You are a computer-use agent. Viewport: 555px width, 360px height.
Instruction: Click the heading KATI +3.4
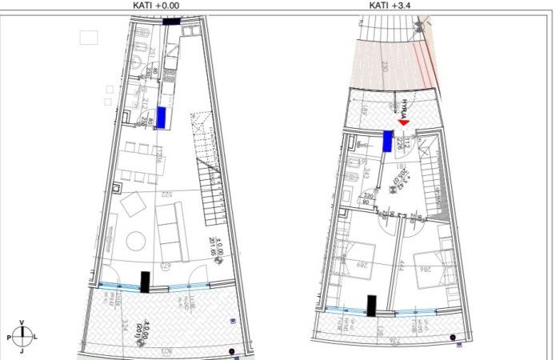pos(395,5)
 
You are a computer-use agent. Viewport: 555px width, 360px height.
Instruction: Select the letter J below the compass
pos(22,351)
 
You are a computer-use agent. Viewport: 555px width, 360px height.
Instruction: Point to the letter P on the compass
pos(9,338)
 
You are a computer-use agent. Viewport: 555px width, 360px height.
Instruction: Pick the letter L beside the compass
pos(35,338)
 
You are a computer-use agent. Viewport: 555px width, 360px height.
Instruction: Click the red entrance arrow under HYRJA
pos(404,121)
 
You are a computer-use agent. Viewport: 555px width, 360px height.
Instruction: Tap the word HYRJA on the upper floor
pos(405,108)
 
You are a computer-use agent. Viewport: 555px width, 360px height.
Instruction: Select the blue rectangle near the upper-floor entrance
pos(387,142)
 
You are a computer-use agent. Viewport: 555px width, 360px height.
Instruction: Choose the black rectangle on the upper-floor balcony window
pos(372,305)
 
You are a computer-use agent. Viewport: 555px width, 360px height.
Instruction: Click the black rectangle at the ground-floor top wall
pos(170,22)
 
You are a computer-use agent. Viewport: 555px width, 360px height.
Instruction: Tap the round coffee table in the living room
pos(135,240)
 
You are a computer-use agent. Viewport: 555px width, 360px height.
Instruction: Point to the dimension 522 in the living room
pos(167,195)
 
